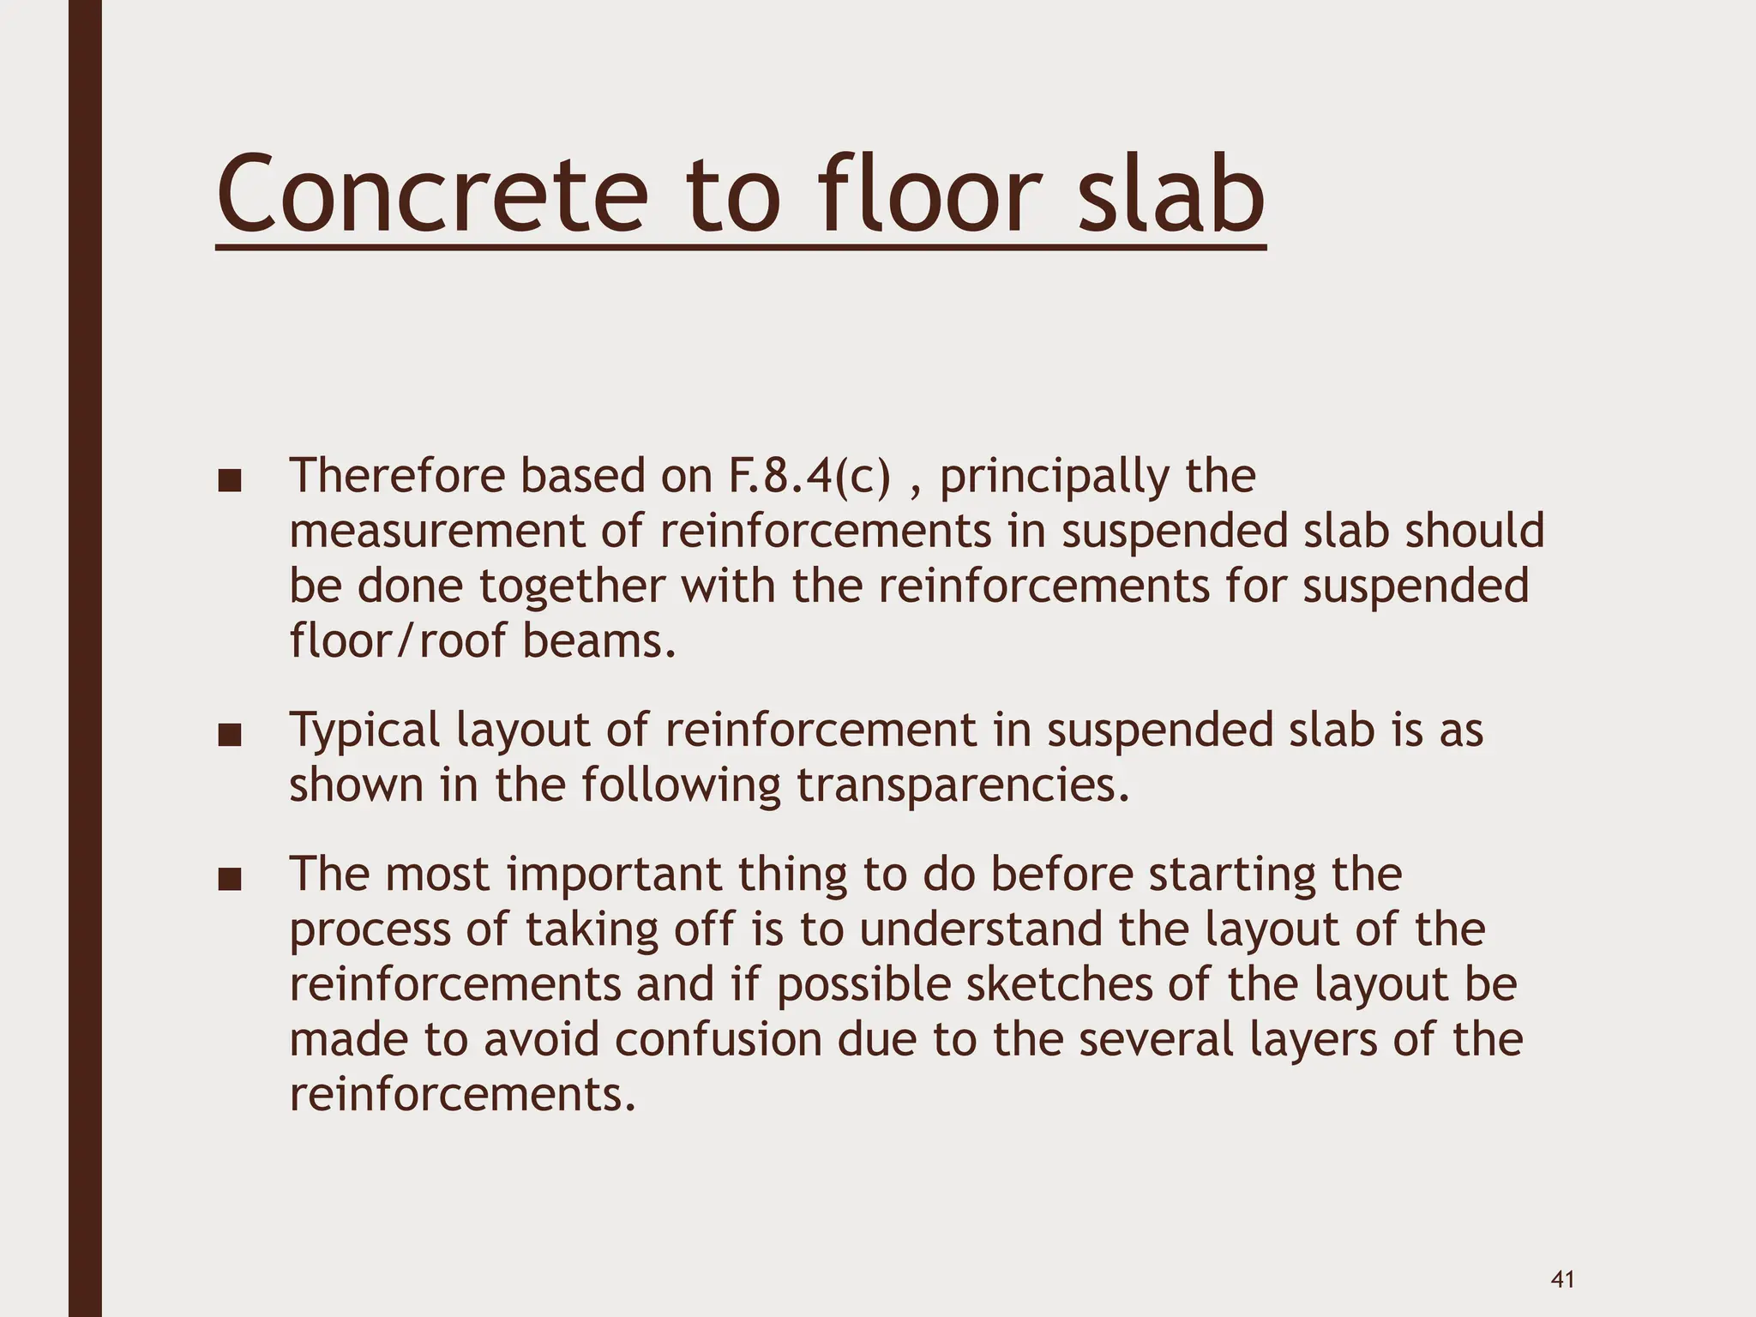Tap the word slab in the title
point(1170,195)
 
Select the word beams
point(598,641)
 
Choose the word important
point(614,875)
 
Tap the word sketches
point(1059,985)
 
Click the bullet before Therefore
point(229,481)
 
